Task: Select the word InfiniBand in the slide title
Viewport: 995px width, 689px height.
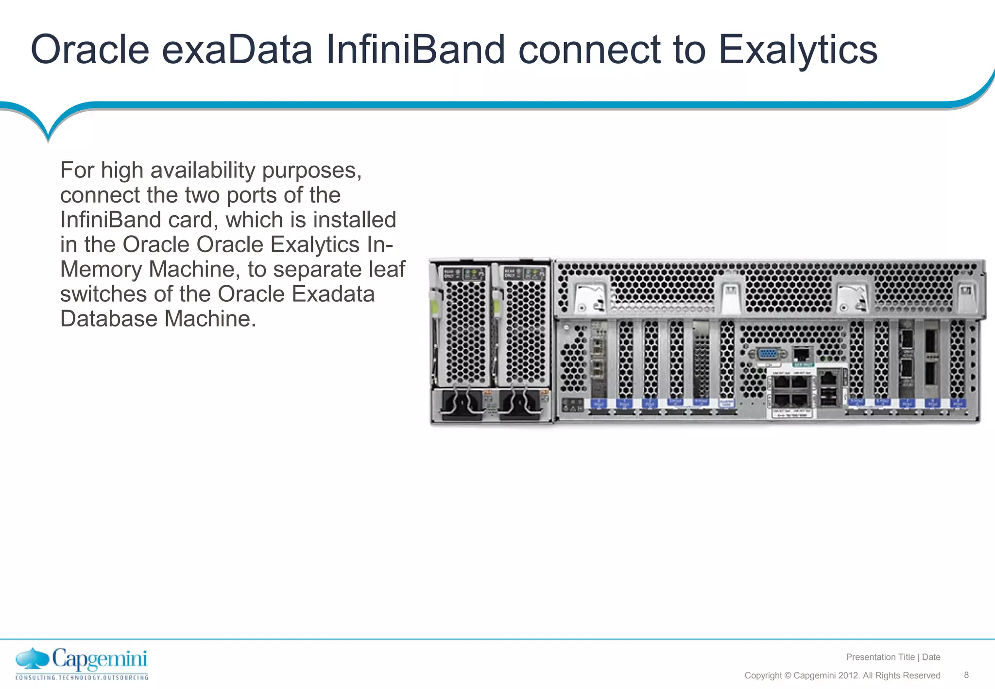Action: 415,50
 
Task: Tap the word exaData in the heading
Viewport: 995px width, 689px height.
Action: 237,50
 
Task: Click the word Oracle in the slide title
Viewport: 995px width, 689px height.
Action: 90,50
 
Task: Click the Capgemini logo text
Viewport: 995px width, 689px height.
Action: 100,659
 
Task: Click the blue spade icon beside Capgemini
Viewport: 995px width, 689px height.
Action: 33,659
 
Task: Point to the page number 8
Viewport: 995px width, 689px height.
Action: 966,675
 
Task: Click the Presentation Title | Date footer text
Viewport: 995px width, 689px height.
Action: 893,657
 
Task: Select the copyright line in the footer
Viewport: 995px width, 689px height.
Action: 842,675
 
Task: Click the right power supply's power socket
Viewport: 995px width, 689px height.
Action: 520,403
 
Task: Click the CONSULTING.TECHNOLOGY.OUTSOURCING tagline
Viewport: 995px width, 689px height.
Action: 82,677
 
